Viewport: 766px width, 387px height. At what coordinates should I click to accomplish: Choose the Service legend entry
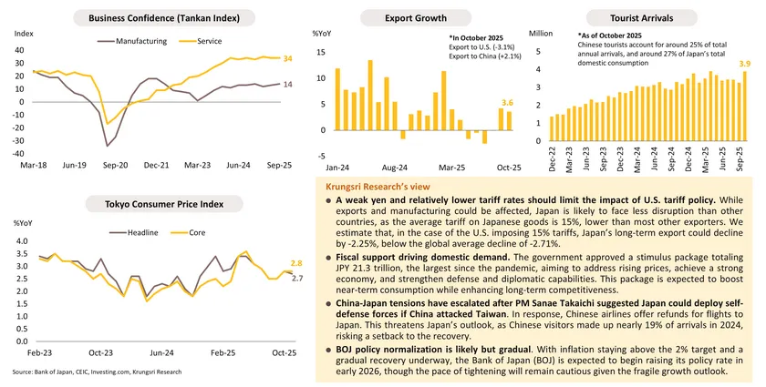point(209,41)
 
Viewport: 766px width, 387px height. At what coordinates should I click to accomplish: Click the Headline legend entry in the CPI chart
point(141,232)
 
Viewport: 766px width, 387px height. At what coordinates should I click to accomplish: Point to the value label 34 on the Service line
point(288,58)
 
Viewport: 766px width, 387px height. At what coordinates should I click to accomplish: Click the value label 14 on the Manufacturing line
point(288,84)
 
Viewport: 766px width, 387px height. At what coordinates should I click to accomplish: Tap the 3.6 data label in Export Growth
point(507,102)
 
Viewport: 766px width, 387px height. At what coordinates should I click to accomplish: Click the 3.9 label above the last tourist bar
point(744,64)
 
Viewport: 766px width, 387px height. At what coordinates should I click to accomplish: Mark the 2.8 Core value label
point(295,262)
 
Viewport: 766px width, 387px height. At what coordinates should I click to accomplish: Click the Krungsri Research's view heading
point(363,186)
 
